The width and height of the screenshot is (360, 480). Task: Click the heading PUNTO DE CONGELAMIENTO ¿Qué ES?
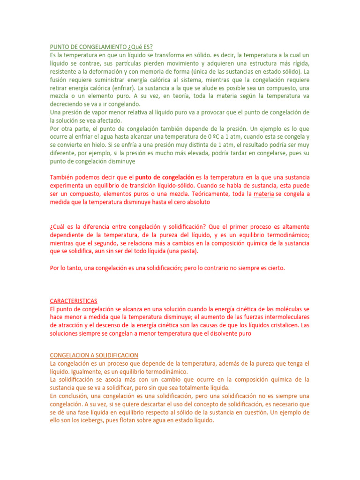tap(101, 46)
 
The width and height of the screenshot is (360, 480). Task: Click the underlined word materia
tap(263, 194)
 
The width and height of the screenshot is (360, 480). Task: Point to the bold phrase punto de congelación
tap(165, 177)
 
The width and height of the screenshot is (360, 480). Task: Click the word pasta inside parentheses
tap(188, 251)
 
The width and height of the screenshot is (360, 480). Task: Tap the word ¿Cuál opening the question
tap(59, 226)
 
